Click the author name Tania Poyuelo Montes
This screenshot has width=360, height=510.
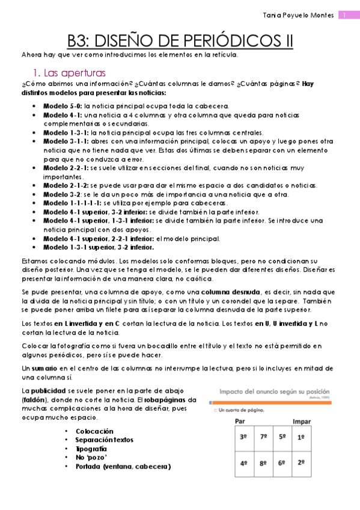(299, 15)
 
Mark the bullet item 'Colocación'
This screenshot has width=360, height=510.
(94, 431)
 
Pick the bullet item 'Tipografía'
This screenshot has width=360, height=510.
(91, 449)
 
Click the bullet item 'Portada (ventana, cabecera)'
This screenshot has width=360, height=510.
(123, 466)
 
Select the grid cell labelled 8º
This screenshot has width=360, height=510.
(263, 464)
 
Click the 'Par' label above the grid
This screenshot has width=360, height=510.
(240, 421)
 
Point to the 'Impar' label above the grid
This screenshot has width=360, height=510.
(301, 421)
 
